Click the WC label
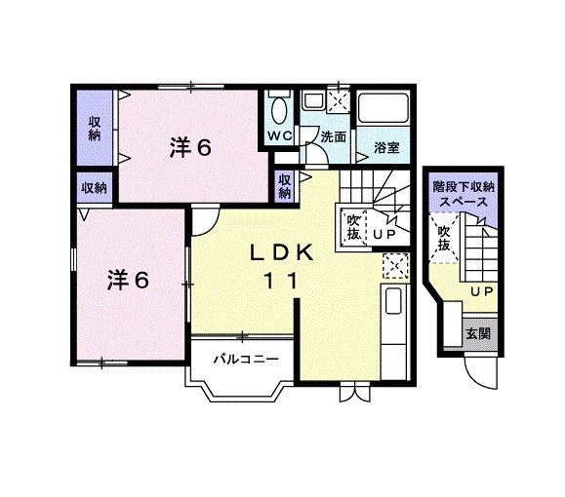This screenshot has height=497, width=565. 280,136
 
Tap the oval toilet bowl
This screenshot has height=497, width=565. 279,111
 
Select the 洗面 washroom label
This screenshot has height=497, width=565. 334,136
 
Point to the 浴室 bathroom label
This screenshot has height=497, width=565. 386,147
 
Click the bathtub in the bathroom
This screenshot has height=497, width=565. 384,107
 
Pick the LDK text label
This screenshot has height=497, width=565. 281,253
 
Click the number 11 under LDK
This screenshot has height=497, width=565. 281,281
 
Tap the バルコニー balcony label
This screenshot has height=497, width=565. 246,360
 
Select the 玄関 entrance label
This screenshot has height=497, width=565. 478,333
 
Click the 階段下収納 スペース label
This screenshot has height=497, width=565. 464,194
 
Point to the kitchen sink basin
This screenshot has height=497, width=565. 393,301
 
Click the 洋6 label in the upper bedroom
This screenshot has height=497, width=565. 190,147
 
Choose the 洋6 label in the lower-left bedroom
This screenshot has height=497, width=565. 128,280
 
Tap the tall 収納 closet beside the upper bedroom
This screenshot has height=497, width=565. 95,129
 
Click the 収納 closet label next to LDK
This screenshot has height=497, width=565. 285,186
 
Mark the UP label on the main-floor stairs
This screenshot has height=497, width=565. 384,234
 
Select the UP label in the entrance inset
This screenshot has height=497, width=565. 482,292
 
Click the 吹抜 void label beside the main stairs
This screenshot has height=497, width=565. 353,227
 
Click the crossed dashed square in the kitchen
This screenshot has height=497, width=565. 395,266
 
